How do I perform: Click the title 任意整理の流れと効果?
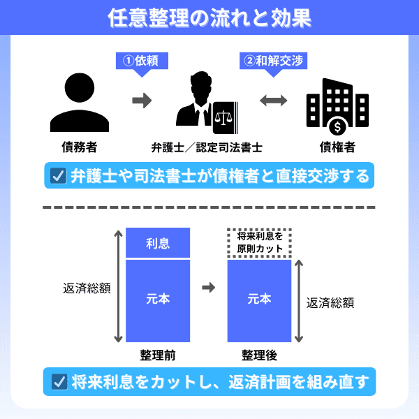(209, 17)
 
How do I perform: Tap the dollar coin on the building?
(339, 127)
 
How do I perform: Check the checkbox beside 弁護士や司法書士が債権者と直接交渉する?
(58, 175)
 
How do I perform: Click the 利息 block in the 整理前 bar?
(158, 243)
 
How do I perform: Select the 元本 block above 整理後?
(260, 299)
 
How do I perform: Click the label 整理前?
(157, 355)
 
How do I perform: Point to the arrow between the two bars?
(208, 288)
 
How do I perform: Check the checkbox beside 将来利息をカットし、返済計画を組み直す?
(58, 382)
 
